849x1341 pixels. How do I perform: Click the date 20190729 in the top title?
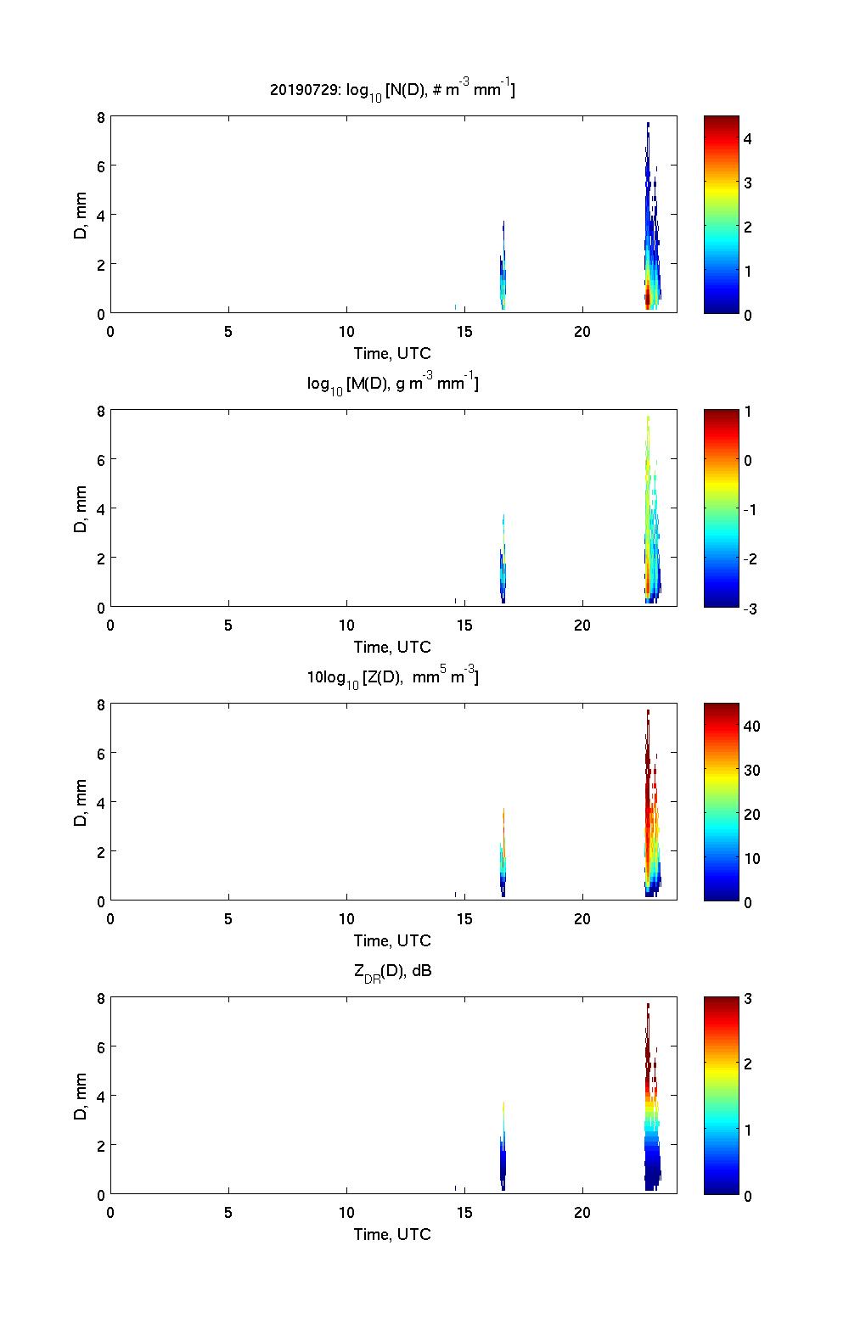(x=301, y=88)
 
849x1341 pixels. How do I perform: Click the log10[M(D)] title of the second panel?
(x=392, y=384)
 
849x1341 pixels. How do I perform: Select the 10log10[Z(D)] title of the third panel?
(x=392, y=677)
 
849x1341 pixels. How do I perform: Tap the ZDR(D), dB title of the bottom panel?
(x=392, y=971)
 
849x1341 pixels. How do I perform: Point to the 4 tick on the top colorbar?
(x=748, y=138)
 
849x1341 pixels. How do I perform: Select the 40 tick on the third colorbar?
(x=751, y=726)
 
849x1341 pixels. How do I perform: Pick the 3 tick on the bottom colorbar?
(x=748, y=999)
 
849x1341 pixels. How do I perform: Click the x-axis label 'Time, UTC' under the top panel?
(x=392, y=353)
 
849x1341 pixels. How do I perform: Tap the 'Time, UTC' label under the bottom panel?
(x=392, y=1234)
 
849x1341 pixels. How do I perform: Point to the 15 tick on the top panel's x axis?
(x=464, y=331)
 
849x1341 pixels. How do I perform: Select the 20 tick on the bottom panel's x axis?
(x=582, y=1212)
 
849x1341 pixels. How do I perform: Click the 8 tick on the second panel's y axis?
(x=100, y=411)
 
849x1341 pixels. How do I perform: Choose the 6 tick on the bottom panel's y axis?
(x=100, y=1047)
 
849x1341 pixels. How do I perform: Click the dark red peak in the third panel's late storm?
(x=648, y=747)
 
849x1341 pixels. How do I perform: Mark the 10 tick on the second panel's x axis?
(x=346, y=625)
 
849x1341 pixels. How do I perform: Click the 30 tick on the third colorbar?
(x=751, y=770)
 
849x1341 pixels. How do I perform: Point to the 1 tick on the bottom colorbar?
(x=748, y=1130)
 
